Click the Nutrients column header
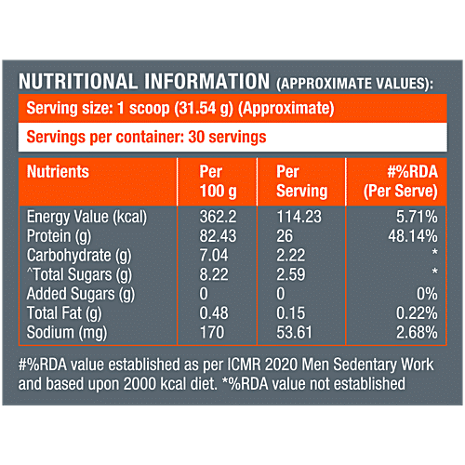59,172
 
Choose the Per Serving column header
302,181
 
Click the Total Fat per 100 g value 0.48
216,314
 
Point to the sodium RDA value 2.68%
414,332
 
